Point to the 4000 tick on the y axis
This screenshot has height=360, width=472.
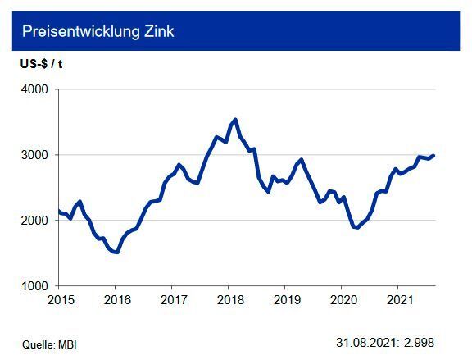tap(35, 89)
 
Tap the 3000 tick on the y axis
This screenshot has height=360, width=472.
tap(35, 155)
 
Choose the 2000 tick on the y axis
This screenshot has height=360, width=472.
tap(35, 221)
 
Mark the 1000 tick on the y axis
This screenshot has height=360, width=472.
tap(35, 286)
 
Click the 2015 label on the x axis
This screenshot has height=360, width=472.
tap(61, 299)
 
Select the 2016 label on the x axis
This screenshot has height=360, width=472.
tap(116, 299)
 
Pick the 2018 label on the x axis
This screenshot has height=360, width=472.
tap(229, 299)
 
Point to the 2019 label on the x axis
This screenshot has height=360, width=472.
tap(284, 299)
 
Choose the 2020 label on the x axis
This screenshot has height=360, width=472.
tap(341, 299)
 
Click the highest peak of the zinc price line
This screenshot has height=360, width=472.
tap(236, 120)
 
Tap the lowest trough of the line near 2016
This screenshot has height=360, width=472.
tap(117, 253)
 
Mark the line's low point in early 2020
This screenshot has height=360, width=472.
tap(356, 228)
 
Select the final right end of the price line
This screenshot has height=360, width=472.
tap(433, 155)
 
